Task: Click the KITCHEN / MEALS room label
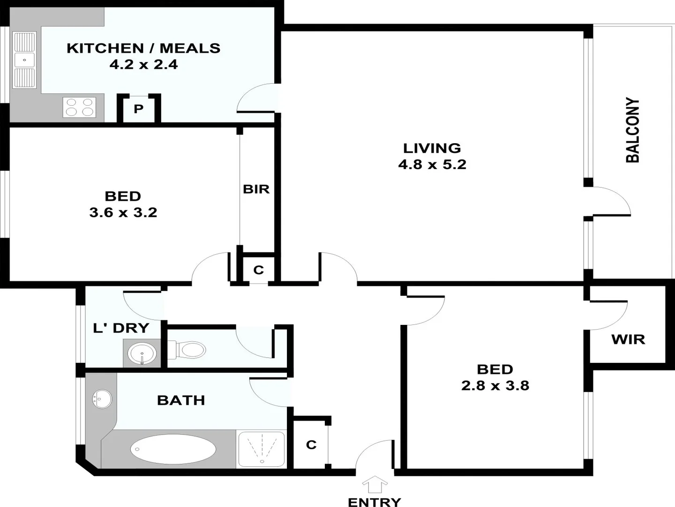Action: (x=143, y=48)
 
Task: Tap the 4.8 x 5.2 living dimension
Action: (x=432, y=164)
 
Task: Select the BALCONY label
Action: (x=633, y=130)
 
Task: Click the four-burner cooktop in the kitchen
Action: (x=79, y=107)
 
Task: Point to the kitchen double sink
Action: (x=24, y=60)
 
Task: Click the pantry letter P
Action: (x=138, y=109)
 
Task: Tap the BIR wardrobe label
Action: (x=256, y=189)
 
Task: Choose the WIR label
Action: (x=628, y=339)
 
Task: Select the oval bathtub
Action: (x=173, y=449)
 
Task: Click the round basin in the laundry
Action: (x=142, y=353)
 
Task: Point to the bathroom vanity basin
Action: (x=102, y=399)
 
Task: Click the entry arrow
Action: (x=375, y=484)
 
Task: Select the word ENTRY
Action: (x=375, y=502)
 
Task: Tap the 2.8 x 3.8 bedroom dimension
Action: (x=495, y=385)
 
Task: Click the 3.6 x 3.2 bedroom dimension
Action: (x=123, y=212)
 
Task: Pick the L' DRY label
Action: (x=121, y=328)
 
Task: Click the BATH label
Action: (x=181, y=400)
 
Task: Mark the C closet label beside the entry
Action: (x=311, y=444)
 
